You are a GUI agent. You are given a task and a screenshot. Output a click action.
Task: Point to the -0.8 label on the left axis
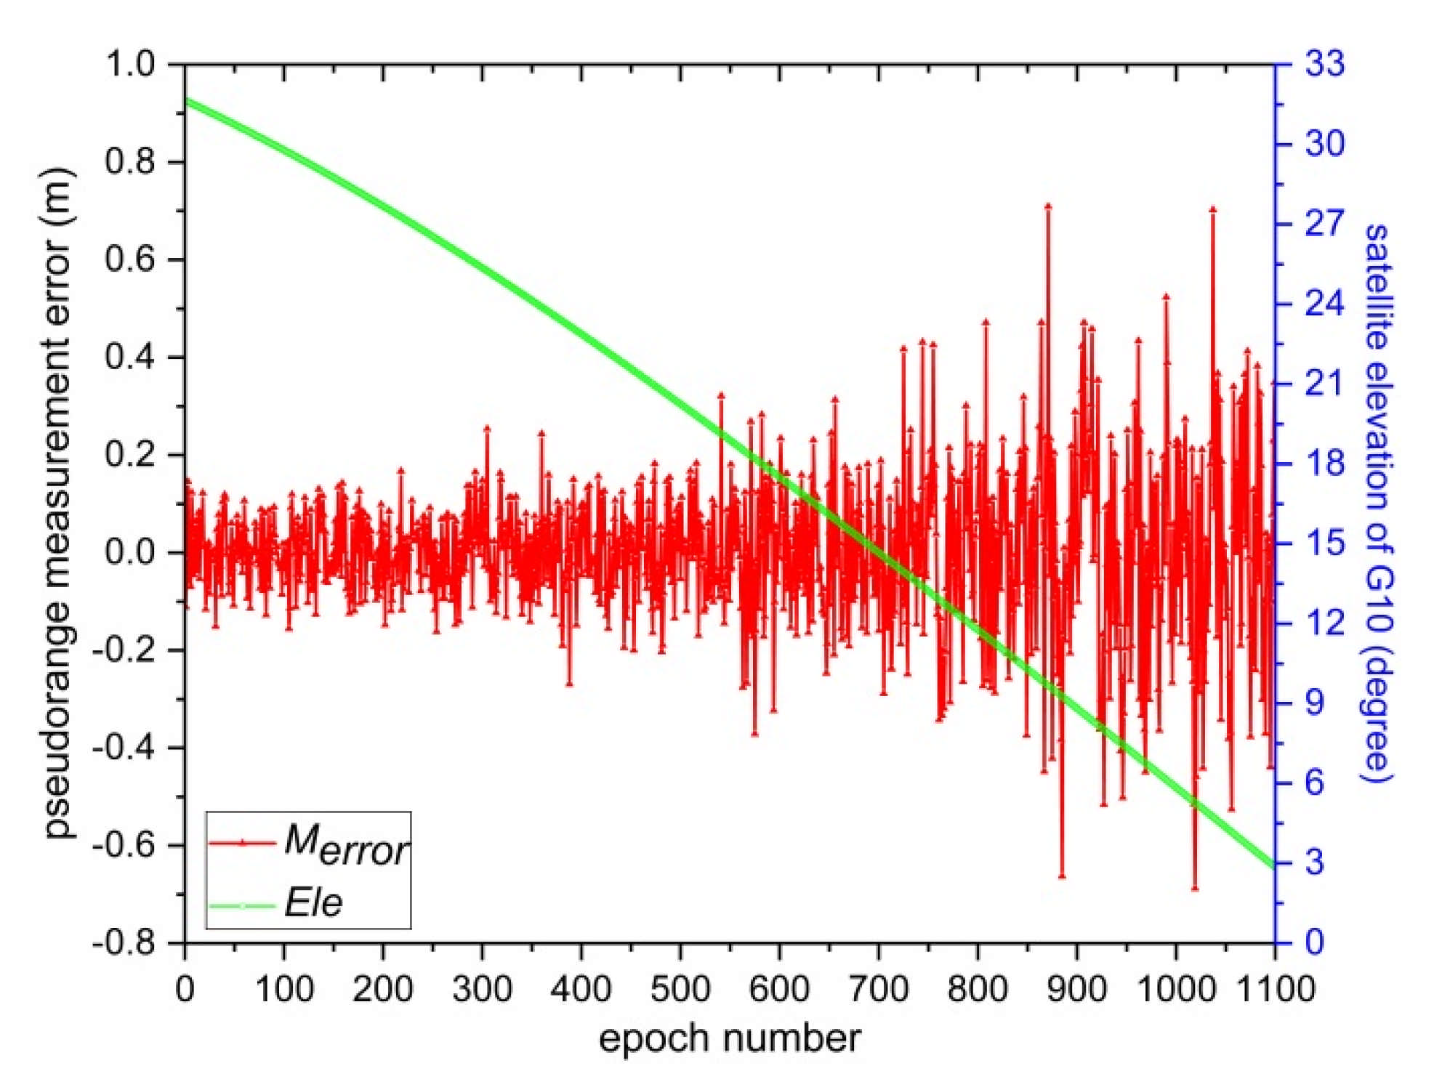(124, 943)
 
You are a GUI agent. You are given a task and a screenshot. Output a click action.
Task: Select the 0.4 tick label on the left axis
(131, 357)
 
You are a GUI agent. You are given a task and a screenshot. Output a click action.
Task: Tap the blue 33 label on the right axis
(1324, 64)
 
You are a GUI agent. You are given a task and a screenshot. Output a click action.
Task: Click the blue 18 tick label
(1324, 463)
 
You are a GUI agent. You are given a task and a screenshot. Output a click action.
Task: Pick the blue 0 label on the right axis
(1314, 942)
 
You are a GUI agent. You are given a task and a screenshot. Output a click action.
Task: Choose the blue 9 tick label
(1314, 703)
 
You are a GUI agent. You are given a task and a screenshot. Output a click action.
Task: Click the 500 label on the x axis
(680, 990)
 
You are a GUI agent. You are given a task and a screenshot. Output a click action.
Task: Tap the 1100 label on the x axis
(1273, 990)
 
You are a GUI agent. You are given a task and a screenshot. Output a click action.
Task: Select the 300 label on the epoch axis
(482, 990)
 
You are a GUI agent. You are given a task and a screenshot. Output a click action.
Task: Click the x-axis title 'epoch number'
(729, 1038)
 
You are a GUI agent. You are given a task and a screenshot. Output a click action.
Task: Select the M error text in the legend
(346, 844)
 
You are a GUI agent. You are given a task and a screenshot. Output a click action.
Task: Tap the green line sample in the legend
(242, 905)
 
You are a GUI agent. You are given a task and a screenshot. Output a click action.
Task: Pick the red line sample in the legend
(242, 843)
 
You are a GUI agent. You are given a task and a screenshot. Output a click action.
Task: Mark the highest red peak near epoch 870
(1048, 207)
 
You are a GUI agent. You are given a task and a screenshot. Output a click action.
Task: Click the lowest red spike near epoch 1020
(1195, 886)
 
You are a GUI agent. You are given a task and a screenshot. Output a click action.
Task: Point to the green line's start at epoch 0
(186, 100)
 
